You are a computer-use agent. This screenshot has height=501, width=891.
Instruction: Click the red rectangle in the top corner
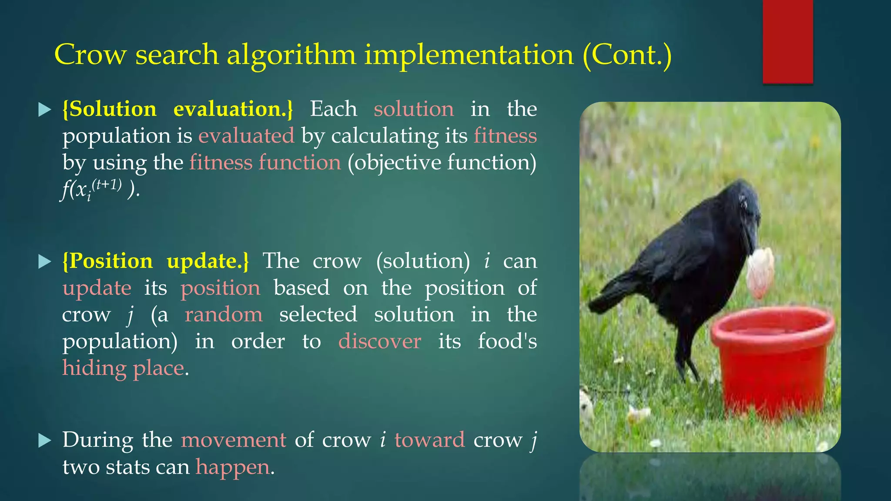787,41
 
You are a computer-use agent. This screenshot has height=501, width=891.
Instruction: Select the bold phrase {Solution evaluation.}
178,109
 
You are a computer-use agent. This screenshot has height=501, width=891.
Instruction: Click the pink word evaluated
246,136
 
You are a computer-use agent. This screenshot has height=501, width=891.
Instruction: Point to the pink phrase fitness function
265,163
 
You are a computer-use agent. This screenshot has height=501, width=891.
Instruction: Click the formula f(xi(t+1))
100,189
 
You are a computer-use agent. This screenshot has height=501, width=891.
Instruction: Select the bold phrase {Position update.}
156,261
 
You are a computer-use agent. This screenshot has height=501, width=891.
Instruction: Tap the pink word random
224,314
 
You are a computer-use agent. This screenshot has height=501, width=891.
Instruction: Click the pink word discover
379,341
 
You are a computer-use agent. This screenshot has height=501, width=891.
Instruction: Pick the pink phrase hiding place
124,368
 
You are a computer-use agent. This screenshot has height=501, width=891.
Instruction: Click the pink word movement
233,440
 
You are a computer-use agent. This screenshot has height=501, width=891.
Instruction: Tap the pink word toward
429,440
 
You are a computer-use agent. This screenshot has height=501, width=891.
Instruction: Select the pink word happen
233,467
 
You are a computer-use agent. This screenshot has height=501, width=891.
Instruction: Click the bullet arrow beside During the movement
45,441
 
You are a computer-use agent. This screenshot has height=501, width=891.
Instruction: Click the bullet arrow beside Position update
45,261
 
